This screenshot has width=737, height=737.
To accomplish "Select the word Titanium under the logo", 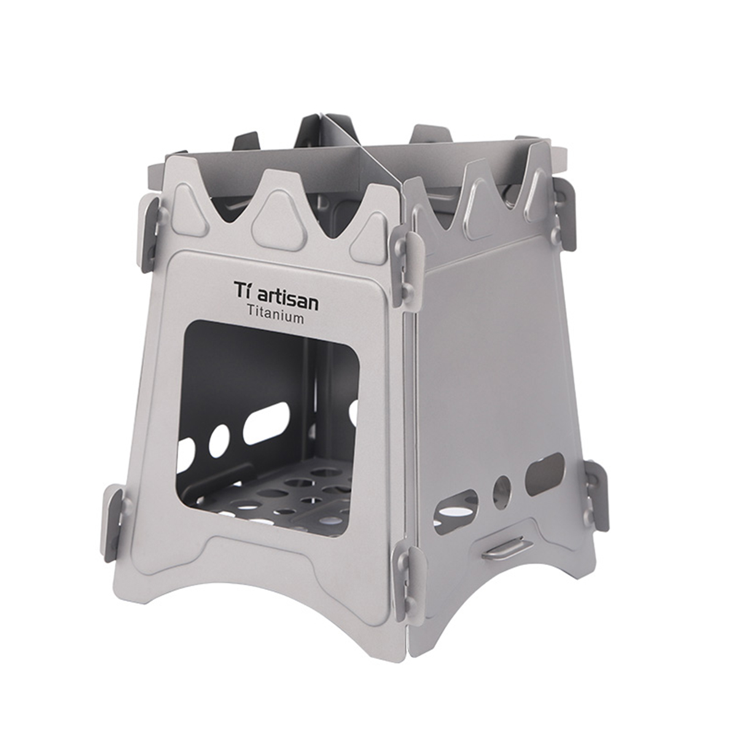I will (275, 318).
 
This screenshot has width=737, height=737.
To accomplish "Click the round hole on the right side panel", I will (502, 489).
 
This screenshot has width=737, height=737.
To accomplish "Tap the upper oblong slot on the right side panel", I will (544, 474).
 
